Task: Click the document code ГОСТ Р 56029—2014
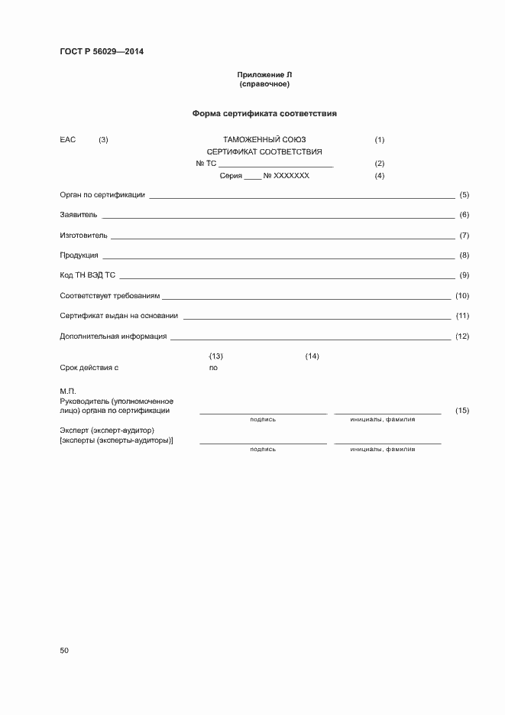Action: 102,52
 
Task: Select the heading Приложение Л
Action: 264,74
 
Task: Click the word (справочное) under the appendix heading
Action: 264,83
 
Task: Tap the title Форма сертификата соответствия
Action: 264,113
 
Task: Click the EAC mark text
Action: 68,140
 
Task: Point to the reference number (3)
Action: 103,140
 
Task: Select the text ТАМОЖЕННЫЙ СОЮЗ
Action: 264,140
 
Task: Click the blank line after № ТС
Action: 276,164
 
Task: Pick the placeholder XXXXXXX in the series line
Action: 291,176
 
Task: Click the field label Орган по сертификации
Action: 102,195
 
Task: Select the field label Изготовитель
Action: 83,236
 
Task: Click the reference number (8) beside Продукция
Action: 464,255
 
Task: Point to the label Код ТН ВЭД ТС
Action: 87,275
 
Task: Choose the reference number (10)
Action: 461,296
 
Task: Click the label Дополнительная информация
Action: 113,336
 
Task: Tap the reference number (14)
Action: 312,356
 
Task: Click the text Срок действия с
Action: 89,368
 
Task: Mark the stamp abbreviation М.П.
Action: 68,392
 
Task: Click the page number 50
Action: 64,651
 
